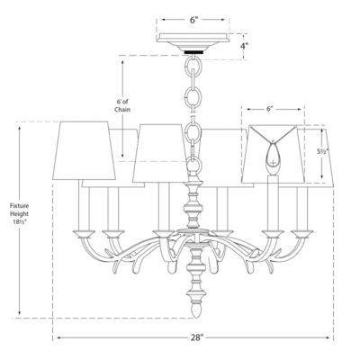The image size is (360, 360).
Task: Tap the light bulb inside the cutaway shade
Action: (x=273, y=164)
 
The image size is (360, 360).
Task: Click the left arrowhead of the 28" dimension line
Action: (x=56, y=338)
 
